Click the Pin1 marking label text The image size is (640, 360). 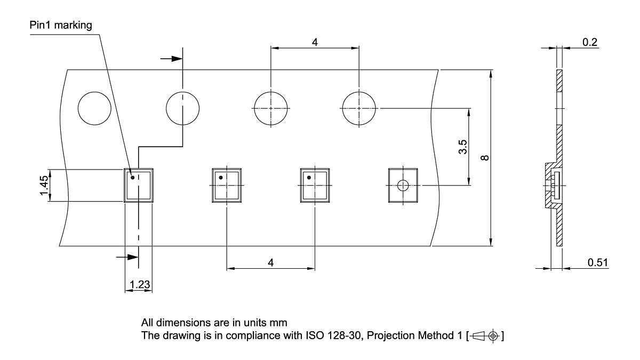(x=61, y=25)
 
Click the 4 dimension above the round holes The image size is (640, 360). (x=315, y=42)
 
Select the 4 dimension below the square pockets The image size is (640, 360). (x=271, y=263)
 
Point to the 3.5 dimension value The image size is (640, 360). (x=462, y=147)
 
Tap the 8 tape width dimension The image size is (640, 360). (x=484, y=158)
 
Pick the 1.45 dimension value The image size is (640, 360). (x=44, y=186)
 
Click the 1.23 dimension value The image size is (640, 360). (x=139, y=285)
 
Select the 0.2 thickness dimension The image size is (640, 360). (x=590, y=42)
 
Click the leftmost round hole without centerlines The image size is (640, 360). (x=95, y=109)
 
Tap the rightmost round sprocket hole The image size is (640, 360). (x=358, y=108)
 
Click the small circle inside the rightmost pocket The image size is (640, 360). (x=403, y=186)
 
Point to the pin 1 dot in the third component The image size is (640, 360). (x=309, y=177)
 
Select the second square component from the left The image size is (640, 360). (x=227, y=186)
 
